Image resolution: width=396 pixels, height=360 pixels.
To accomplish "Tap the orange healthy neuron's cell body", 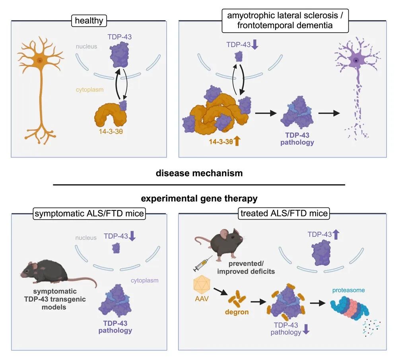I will pyautogui.click(x=39, y=61).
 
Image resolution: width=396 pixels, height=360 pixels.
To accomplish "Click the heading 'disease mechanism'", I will pyautogui.click(x=198, y=173).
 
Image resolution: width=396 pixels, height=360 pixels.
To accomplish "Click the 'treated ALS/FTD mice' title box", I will pyautogui.click(x=284, y=214).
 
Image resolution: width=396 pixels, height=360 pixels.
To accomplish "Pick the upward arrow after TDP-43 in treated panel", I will pyautogui.click(x=335, y=234).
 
